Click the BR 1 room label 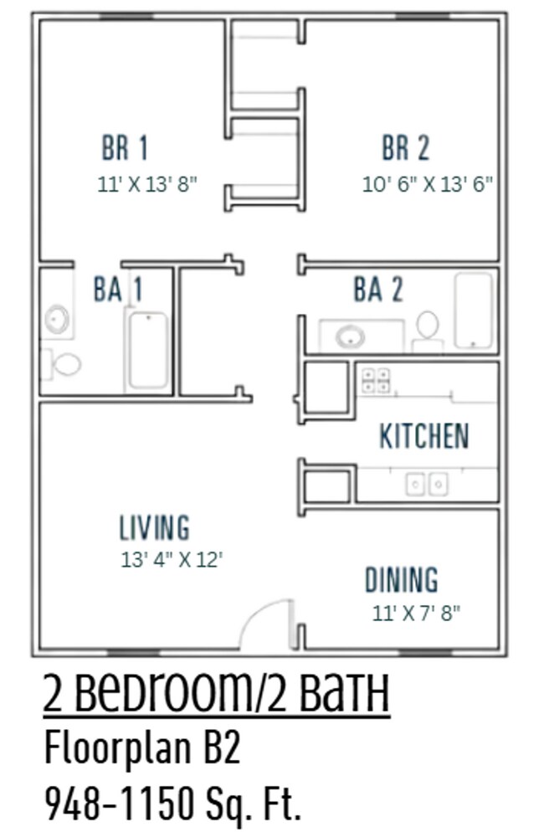tap(125, 148)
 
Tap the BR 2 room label tap(406, 148)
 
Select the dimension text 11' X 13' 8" tap(147, 184)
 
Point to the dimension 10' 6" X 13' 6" tap(427, 184)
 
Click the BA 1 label tap(117, 290)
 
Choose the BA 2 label tap(377, 290)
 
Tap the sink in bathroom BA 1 tap(57, 319)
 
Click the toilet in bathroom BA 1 tap(64, 363)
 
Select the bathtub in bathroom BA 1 tap(147, 351)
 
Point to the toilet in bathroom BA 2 tap(428, 326)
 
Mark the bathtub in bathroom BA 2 tap(474, 310)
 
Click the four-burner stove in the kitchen tap(375, 380)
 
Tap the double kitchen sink tap(426, 483)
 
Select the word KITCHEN tap(423, 436)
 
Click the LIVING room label tap(154, 527)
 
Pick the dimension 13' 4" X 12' tap(171, 559)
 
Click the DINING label tap(401, 579)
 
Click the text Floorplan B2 tap(142, 748)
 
